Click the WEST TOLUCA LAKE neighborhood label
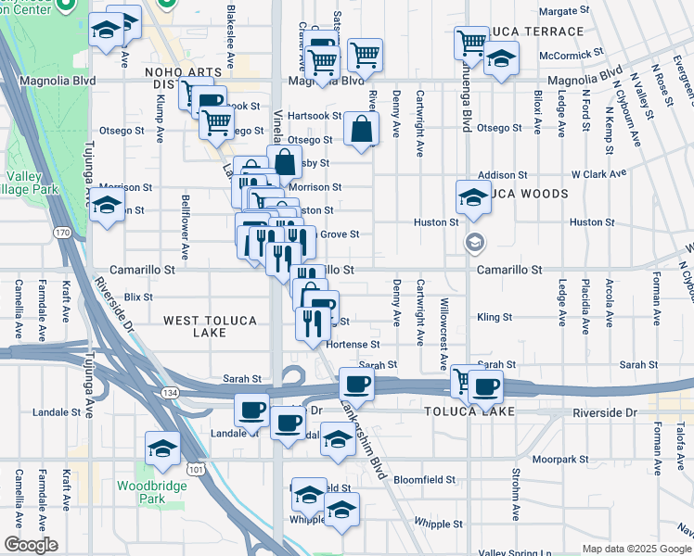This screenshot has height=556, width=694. point(210,326)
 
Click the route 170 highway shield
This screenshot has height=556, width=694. point(62,234)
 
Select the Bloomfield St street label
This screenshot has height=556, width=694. point(424,480)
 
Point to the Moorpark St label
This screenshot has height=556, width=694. point(568,459)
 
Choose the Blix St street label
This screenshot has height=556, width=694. point(137,297)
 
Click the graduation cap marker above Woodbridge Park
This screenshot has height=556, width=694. point(162,449)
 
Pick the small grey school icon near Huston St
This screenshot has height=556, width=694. point(474,243)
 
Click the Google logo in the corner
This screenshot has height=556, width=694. point(31,545)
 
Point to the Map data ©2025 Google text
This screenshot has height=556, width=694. point(636,549)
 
